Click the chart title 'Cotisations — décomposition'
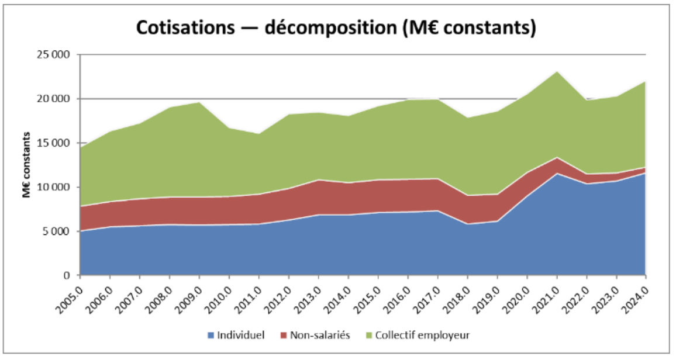336,27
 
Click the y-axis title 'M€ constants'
26,165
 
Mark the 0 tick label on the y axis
67,275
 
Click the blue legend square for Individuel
211,335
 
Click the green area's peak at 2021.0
557,72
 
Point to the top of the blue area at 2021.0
557,174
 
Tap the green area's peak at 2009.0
199,102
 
